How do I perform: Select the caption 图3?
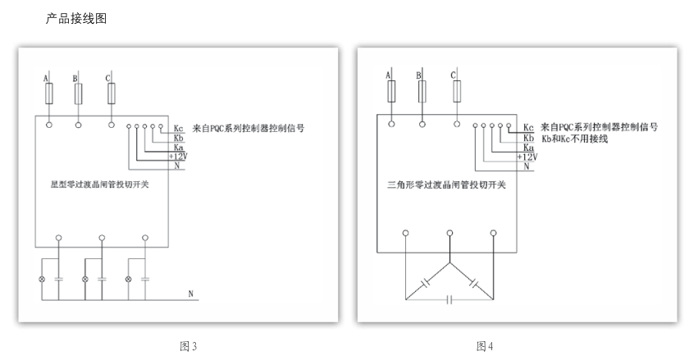coord(188,347)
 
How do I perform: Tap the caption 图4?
coord(484,347)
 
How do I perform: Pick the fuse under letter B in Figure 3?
coord(78,94)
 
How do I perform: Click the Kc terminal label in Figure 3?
coord(179,129)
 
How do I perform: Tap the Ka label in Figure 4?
coord(528,147)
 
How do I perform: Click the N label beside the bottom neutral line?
coord(190,293)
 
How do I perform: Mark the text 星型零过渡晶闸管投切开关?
coord(94,185)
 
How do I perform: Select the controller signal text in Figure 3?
coord(249,129)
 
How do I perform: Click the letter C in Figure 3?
coord(108,78)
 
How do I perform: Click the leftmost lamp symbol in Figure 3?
coord(43,279)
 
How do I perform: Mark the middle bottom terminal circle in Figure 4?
coord(449,234)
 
